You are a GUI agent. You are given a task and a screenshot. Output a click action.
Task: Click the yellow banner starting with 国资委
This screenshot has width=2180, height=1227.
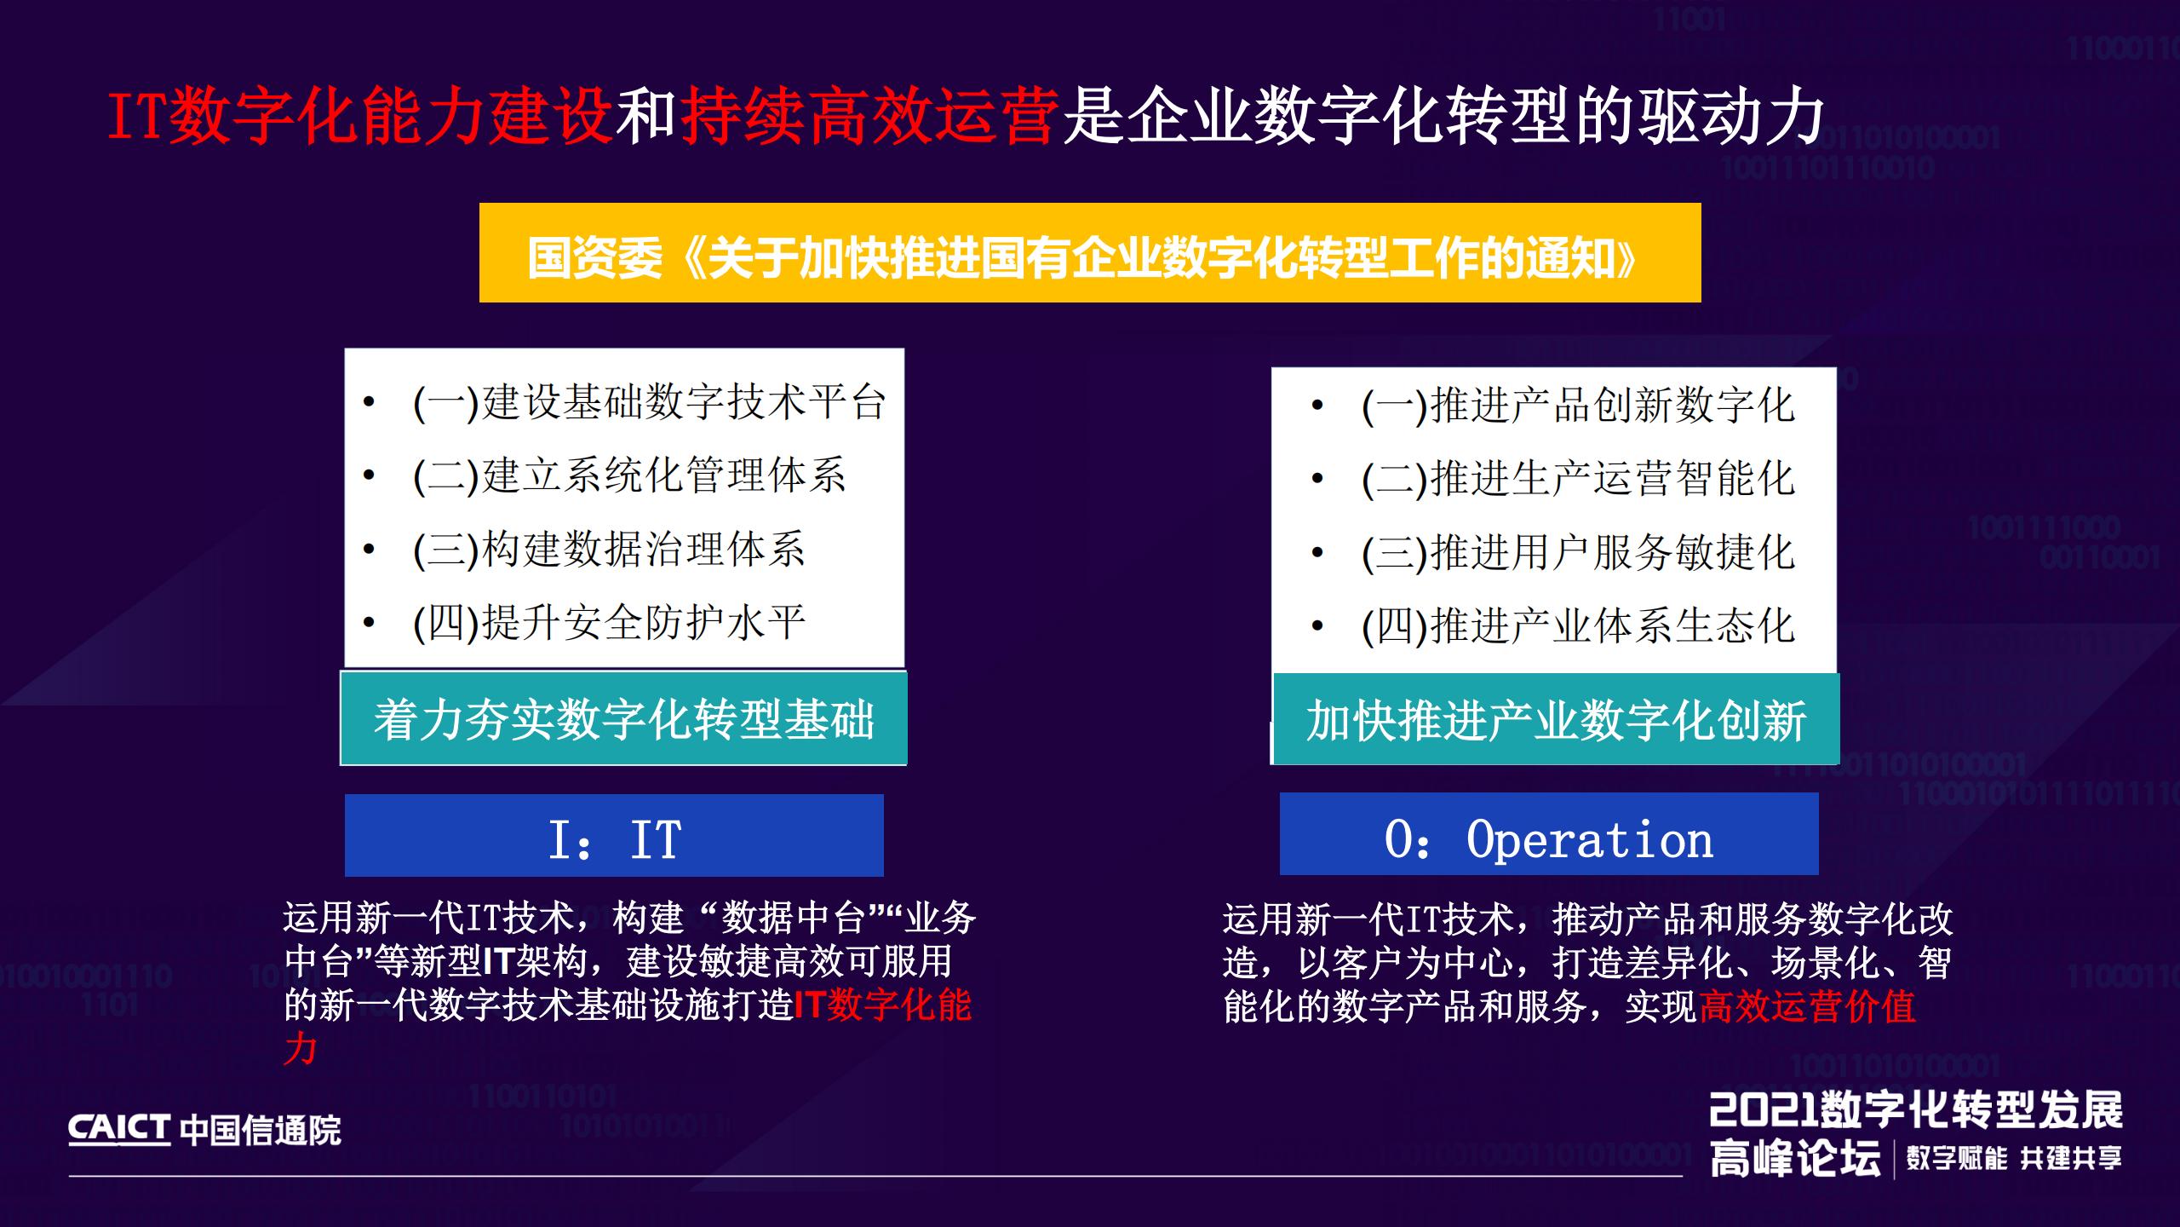[x=1089, y=253]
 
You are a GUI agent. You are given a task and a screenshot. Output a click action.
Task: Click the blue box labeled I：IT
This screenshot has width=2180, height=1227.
[x=614, y=837]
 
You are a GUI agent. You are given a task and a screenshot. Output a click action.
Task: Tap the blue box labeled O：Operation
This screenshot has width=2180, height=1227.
[x=1548, y=837]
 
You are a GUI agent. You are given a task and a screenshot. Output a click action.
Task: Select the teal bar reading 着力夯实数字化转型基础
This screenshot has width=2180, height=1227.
[x=623, y=720]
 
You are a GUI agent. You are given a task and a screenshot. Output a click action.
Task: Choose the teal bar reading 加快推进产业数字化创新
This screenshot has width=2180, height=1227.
[x=1556, y=721]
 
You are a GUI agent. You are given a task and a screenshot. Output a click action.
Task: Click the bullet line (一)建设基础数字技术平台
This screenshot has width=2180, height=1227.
[x=649, y=402]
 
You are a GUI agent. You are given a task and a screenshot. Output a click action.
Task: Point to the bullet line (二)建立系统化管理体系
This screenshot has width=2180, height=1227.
[x=628, y=475]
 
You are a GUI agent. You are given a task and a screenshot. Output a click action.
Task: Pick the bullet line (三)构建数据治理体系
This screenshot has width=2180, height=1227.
[x=608, y=550]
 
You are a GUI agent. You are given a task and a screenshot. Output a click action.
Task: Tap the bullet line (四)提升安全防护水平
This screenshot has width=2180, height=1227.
[x=608, y=623]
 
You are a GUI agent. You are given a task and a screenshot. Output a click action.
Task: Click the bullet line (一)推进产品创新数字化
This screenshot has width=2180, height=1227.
[x=1577, y=406]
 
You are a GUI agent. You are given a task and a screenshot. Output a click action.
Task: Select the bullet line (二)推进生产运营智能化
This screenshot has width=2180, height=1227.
[x=1577, y=479]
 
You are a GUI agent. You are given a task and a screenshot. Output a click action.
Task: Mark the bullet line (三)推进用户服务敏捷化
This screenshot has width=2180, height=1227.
[x=1577, y=553]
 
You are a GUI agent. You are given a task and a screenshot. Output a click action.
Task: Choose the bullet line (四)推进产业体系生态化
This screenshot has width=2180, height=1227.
[x=1577, y=626]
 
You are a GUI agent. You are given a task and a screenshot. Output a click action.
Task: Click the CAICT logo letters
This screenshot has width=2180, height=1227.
[x=119, y=1129]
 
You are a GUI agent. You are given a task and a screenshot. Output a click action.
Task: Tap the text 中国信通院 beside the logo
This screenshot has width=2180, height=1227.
[x=261, y=1131]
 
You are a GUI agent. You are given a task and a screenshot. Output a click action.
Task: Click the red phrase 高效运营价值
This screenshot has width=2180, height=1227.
[x=1807, y=1007]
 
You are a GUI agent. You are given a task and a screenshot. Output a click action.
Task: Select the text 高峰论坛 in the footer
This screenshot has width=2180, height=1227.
[x=1795, y=1159]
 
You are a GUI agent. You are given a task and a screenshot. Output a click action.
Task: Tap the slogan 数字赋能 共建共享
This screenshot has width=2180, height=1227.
[x=2014, y=1158]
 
